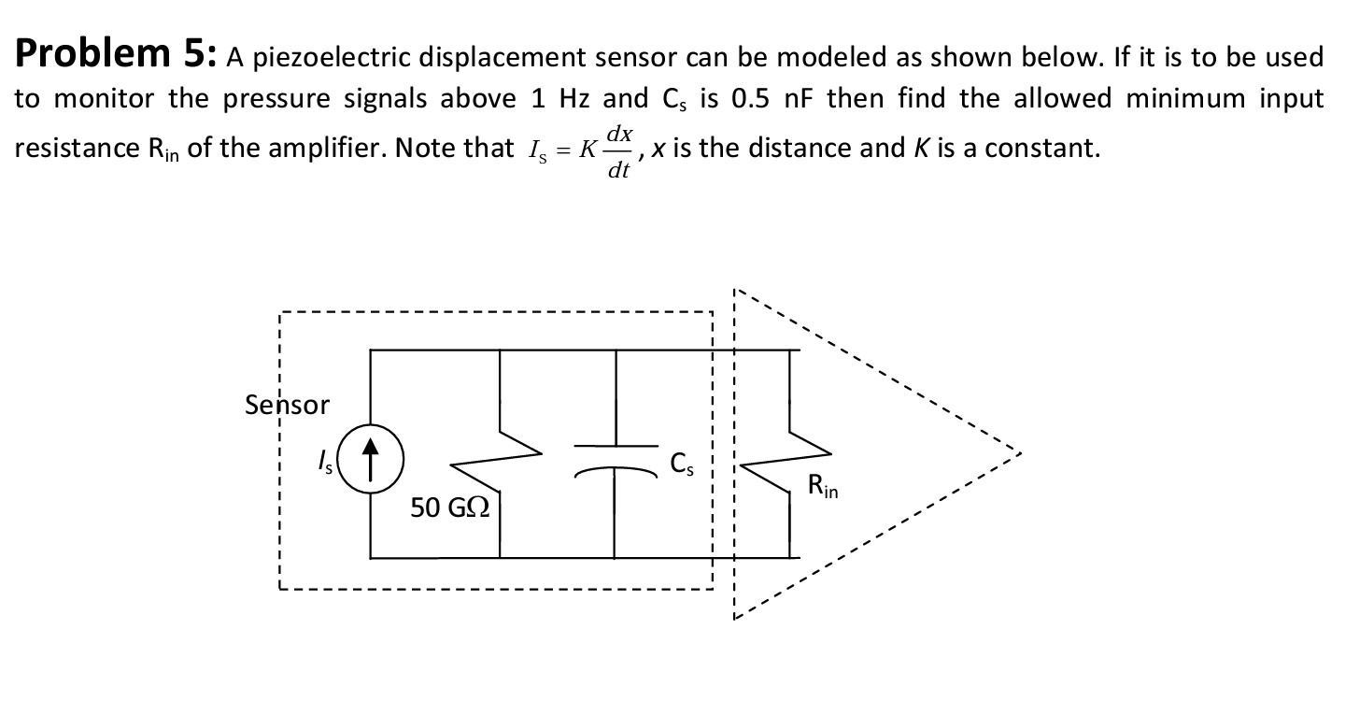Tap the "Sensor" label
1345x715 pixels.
point(287,405)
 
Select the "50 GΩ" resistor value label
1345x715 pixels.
point(452,508)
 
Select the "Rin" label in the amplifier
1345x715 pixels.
point(824,486)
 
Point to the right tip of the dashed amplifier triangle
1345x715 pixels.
point(1020,454)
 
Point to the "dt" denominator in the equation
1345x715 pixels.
point(617,169)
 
